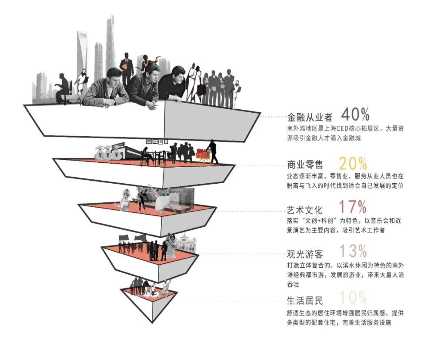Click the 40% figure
[355, 114]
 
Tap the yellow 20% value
[352, 163]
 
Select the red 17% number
[352, 207]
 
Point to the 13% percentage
[353, 251]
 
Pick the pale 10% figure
[353, 297]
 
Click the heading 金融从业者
[310, 117]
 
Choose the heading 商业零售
[305, 165]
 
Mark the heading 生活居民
[305, 300]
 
